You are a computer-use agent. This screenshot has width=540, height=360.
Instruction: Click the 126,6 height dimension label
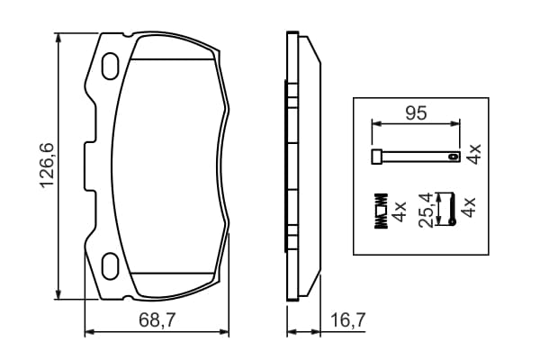tap(48, 166)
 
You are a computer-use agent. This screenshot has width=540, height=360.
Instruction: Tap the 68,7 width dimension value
tap(157, 320)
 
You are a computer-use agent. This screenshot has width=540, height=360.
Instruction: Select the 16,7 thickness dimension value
tap(347, 320)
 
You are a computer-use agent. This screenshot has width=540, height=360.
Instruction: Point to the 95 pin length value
tap(416, 113)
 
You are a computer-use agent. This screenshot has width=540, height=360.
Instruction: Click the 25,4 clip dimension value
tap(426, 210)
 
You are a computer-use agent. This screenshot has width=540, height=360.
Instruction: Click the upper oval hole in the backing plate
tap(111, 66)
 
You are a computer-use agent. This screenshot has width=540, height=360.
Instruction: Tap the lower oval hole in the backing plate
tap(111, 266)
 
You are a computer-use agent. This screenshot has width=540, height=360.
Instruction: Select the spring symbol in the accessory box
tap(382, 210)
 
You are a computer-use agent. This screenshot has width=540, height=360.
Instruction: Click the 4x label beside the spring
tap(400, 211)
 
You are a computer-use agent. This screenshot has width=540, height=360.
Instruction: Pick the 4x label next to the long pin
tap(473, 154)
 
